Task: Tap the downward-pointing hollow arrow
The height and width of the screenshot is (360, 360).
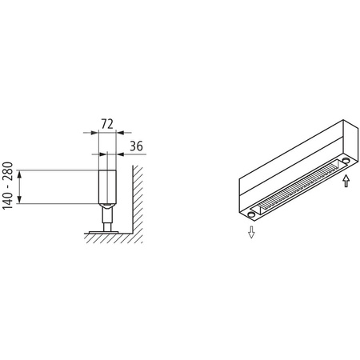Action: coord(251,233)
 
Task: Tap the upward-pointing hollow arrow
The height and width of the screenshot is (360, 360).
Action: coord(345,182)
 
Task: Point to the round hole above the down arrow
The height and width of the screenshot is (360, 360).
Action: coord(253,214)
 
